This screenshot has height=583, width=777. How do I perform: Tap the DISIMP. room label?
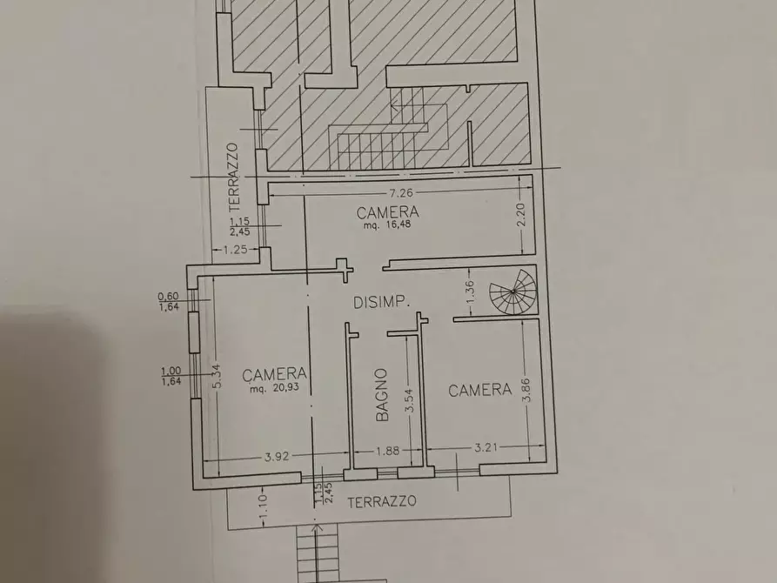[x=381, y=303]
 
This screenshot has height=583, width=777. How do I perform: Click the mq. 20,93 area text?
[x=274, y=389]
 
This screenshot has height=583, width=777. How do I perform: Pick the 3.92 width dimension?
[x=278, y=453]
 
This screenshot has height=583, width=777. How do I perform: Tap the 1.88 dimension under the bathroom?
[x=388, y=452]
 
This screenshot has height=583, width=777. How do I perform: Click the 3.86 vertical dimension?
[x=525, y=391]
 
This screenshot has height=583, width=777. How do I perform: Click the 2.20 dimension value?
[x=521, y=215]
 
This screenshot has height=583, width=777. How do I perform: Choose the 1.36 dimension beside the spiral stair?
[x=470, y=293]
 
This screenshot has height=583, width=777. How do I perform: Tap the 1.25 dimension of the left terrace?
[x=236, y=251]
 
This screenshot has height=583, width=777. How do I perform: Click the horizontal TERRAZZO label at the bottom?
[x=380, y=502]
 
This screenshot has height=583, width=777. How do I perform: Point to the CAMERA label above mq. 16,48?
[x=388, y=211]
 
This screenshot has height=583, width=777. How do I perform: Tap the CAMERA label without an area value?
[x=479, y=391]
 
